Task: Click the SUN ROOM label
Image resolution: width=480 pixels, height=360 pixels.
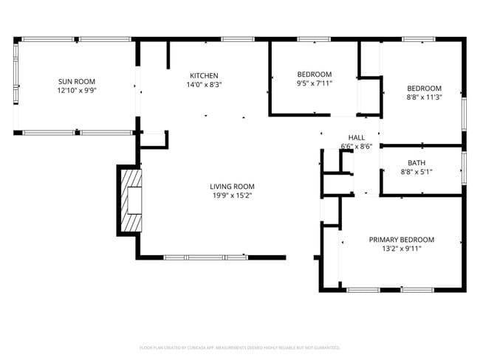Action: (x=77, y=81)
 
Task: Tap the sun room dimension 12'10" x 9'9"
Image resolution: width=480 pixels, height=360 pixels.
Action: (x=77, y=90)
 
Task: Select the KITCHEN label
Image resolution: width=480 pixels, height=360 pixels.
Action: (x=204, y=75)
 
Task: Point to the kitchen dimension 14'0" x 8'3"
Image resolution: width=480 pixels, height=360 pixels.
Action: (x=204, y=85)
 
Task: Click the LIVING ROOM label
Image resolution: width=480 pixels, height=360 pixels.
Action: (x=232, y=186)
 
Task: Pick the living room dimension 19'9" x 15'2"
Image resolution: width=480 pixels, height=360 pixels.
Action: (x=232, y=195)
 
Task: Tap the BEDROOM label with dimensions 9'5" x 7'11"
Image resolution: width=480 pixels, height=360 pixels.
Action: (x=315, y=74)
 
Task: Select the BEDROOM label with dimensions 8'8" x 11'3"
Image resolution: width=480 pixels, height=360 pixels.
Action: (x=424, y=88)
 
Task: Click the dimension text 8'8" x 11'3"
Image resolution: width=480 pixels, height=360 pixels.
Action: (x=424, y=97)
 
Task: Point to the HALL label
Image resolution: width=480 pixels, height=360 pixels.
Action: (x=357, y=137)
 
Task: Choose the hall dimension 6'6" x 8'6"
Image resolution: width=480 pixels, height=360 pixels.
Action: (x=357, y=146)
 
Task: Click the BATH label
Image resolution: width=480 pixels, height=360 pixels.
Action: (x=416, y=163)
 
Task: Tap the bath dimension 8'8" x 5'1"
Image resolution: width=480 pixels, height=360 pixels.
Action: (x=416, y=172)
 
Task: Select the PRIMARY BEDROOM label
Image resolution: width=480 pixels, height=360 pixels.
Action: (x=402, y=240)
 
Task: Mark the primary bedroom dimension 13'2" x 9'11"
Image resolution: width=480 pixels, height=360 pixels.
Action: (x=402, y=249)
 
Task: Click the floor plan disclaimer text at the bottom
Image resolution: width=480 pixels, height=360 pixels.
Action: (x=239, y=347)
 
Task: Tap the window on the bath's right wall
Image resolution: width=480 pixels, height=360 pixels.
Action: (x=464, y=170)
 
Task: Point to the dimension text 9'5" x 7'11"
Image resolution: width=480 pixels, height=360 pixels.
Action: (x=315, y=83)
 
